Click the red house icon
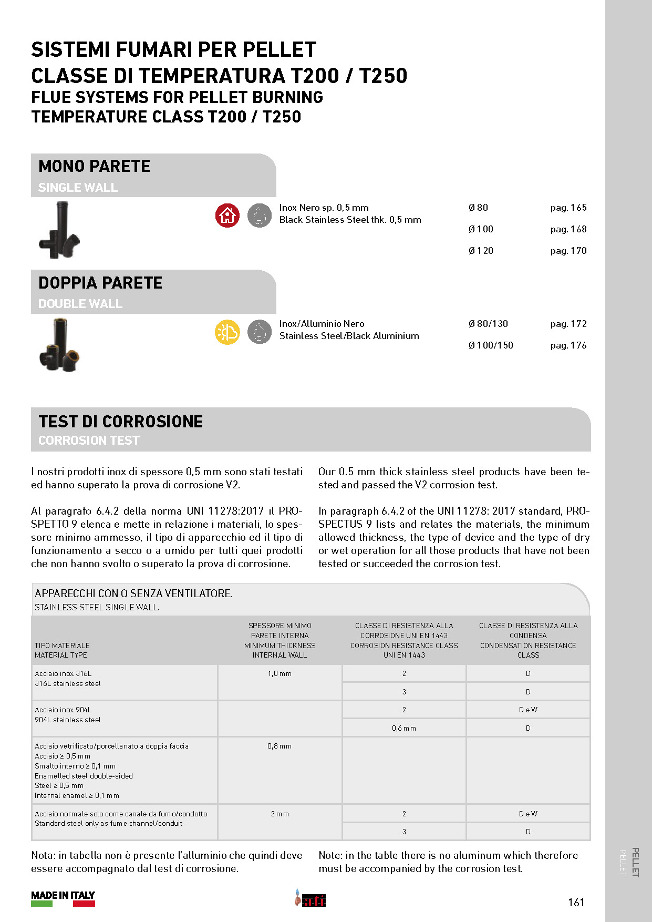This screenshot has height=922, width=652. (x=227, y=216)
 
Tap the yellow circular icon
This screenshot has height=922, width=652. (x=227, y=332)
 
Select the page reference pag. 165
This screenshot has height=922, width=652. (x=568, y=208)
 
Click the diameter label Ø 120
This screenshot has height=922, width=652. (x=481, y=251)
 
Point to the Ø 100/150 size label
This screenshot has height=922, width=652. (x=491, y=345)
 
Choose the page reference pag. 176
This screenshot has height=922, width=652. (x=568, y=345)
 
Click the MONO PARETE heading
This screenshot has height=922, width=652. (x=95, y=167)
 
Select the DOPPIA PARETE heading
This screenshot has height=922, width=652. (x=100, y=283)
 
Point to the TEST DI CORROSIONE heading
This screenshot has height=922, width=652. (x=121, y=422)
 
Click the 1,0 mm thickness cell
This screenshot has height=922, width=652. (x=280, y=673)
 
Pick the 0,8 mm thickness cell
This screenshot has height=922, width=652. (x=280, y=746)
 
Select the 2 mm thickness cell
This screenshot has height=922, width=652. (x=280, y=814)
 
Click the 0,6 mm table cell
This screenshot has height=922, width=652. (x=404, y=728)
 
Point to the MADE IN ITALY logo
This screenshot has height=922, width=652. (x=63, y=898)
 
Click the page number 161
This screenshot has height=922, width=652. (x=576, y=903)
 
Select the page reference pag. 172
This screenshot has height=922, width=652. (x=568, y=324)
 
